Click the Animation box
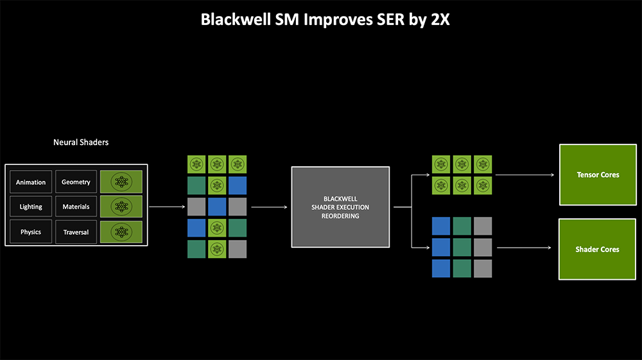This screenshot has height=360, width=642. pos(31,182)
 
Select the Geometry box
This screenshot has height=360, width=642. pos(76,182)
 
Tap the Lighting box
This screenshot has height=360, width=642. pos(31,207)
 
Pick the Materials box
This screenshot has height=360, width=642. pos(76,207)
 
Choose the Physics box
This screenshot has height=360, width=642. pos(31,232)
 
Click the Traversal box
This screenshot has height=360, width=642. pos(76,232)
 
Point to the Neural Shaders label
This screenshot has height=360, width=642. pos(81,142)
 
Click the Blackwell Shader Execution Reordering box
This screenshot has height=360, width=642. pos(340,207)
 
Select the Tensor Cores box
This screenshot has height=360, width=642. pos(597,175)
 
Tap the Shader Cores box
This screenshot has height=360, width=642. pos(597,249)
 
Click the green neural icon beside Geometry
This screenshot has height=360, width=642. pos(121,182)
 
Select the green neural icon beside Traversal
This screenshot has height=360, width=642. pos(121,232)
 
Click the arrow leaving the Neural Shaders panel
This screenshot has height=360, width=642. pos(165,207)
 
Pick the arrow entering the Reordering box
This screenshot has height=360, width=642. pos(269,207)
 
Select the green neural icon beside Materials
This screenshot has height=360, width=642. pos(121,207)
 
